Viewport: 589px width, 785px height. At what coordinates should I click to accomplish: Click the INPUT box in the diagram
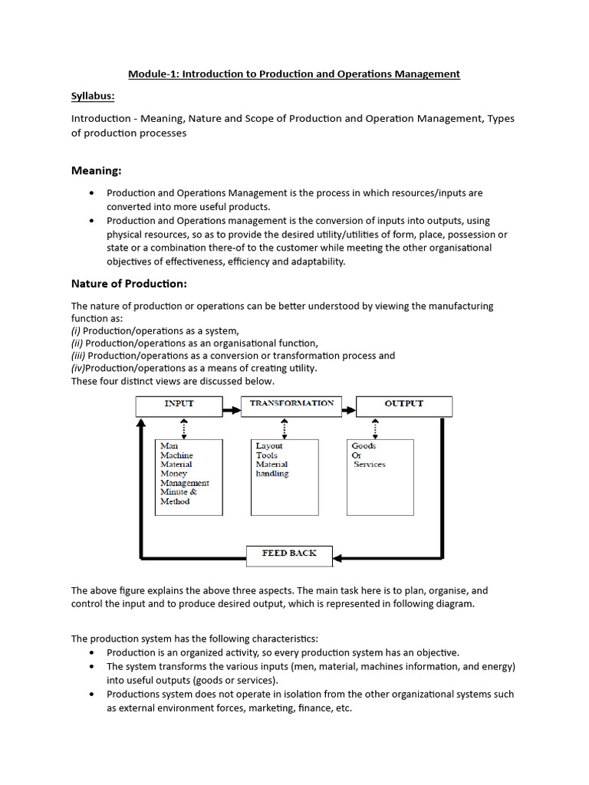click(x=179, y=405)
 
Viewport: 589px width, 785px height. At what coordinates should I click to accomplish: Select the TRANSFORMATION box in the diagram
click(x=291, y=405)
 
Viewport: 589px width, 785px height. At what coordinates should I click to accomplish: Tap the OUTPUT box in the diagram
click(x=403, y=405)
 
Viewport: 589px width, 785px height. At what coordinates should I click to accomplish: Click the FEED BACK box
click(x=289, y=553)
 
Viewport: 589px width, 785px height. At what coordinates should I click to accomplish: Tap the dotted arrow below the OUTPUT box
click(x=375, y=428)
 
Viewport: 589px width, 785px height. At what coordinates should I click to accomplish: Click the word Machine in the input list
click(x=176, y=455)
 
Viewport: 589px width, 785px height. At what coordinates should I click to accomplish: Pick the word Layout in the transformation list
click(x=269, y=445)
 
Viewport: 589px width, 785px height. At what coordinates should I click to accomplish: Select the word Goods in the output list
click(x=364, y=445)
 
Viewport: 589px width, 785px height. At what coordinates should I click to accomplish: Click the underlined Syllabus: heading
click(x=92, y=97)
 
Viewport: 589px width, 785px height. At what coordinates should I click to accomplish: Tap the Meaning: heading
click(x=97, y=169)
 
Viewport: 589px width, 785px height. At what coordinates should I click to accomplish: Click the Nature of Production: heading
click(x=129, y=284)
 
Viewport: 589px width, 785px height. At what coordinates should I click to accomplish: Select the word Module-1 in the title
click(x=152, y=74)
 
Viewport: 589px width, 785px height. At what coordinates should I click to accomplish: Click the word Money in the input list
click(x=174, y=474)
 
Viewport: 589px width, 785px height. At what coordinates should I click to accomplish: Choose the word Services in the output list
click(x=370, y=465)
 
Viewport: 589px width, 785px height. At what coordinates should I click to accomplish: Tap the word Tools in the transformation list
click(x=267, y=455)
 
